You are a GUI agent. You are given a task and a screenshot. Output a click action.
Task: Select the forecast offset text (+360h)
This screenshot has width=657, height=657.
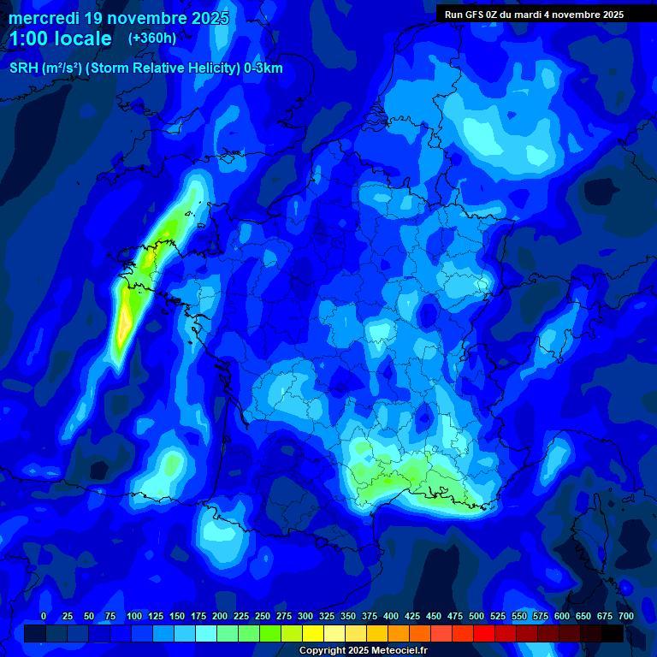151,38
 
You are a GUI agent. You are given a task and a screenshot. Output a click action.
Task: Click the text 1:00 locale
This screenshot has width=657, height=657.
60,38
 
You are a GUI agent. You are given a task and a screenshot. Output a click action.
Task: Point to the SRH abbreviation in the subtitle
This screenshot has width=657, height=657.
23,68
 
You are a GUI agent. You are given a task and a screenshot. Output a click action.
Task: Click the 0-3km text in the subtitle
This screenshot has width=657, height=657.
263,68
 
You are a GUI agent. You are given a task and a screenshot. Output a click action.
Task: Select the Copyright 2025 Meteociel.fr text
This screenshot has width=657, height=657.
363,650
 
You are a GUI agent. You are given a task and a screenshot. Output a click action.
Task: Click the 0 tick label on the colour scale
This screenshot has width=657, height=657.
44,616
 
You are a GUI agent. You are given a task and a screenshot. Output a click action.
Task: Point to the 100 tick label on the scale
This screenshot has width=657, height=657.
134,616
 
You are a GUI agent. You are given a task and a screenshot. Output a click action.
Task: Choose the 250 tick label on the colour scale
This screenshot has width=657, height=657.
263,616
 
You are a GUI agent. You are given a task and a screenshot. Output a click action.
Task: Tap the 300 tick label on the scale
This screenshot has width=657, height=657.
305,616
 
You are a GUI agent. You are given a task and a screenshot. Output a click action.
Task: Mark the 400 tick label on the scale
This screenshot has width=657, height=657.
391,616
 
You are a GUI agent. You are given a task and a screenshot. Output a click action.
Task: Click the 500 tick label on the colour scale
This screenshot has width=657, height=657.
476,616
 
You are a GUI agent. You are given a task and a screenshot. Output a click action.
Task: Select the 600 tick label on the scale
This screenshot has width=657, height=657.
562,616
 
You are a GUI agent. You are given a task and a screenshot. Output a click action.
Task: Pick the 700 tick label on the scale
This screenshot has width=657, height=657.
625,616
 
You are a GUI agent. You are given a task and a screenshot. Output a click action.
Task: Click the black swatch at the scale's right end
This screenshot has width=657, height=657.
613,633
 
